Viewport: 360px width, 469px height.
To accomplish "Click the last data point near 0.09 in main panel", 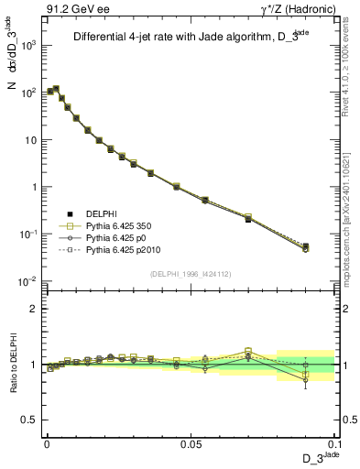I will [x=305, y=246].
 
